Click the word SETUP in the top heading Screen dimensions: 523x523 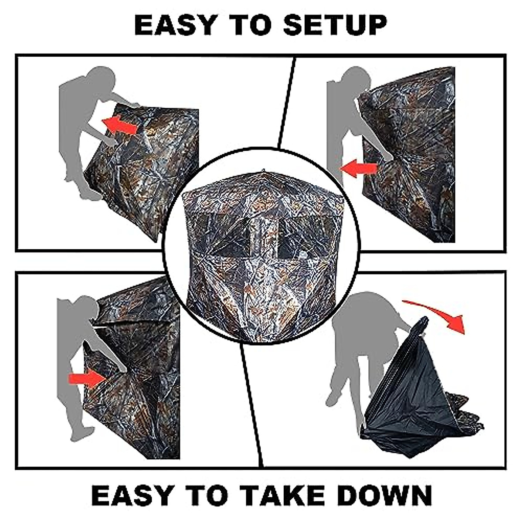(x=335, y=25)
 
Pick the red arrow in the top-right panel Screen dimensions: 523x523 (x=359, y=168)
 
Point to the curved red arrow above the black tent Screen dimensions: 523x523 (x=440, y=314)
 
